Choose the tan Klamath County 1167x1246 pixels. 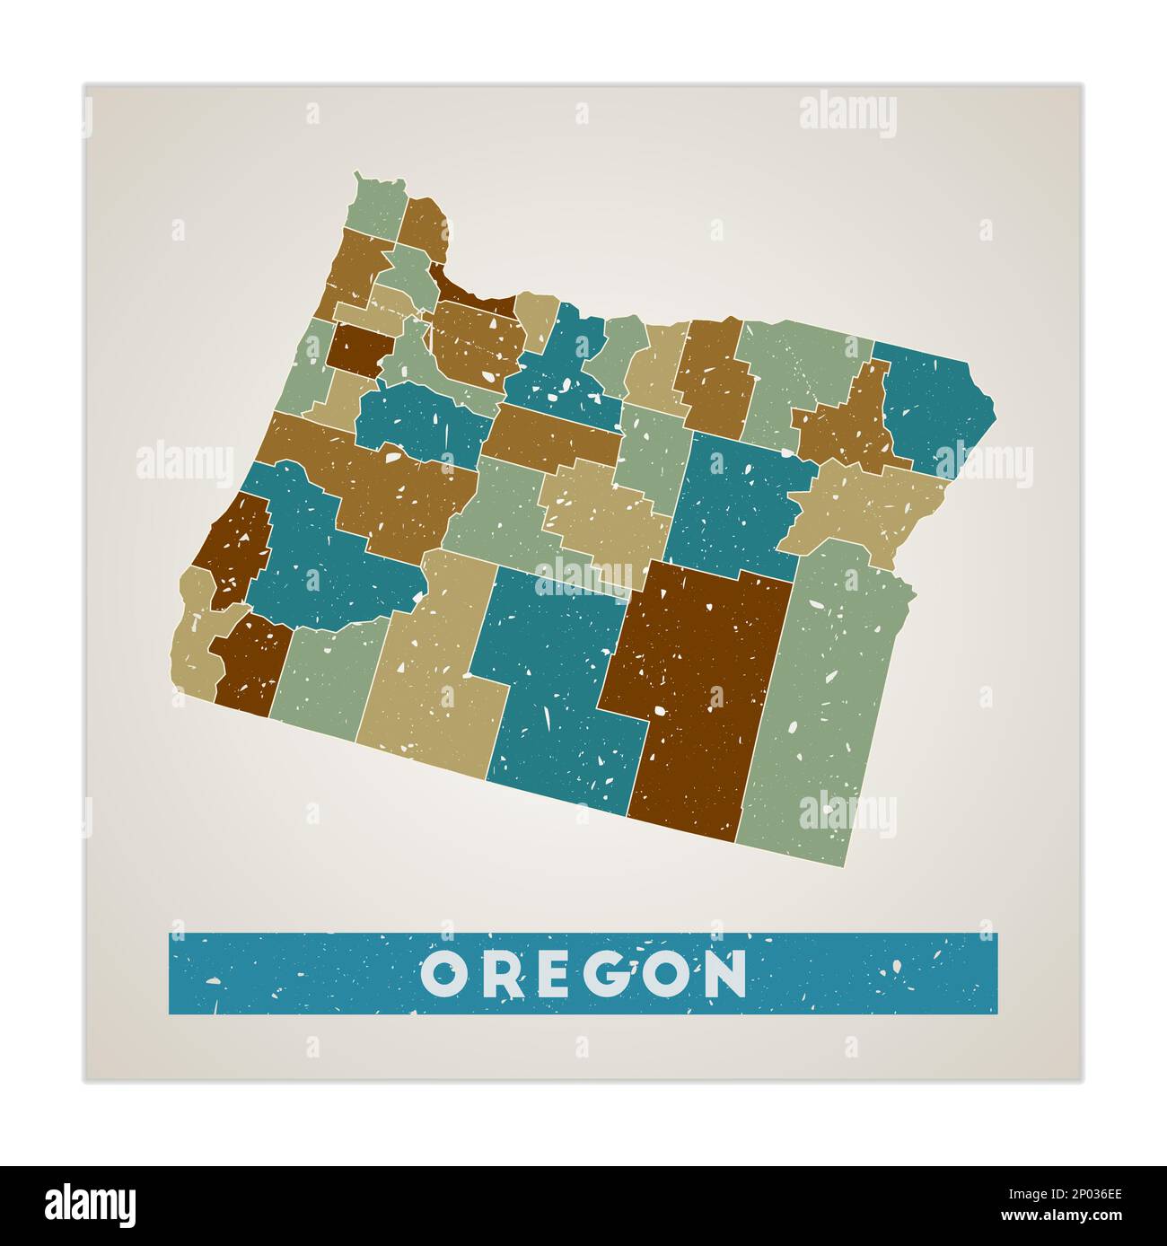coord(431,664)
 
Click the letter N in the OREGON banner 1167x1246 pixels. coord(725,973)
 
